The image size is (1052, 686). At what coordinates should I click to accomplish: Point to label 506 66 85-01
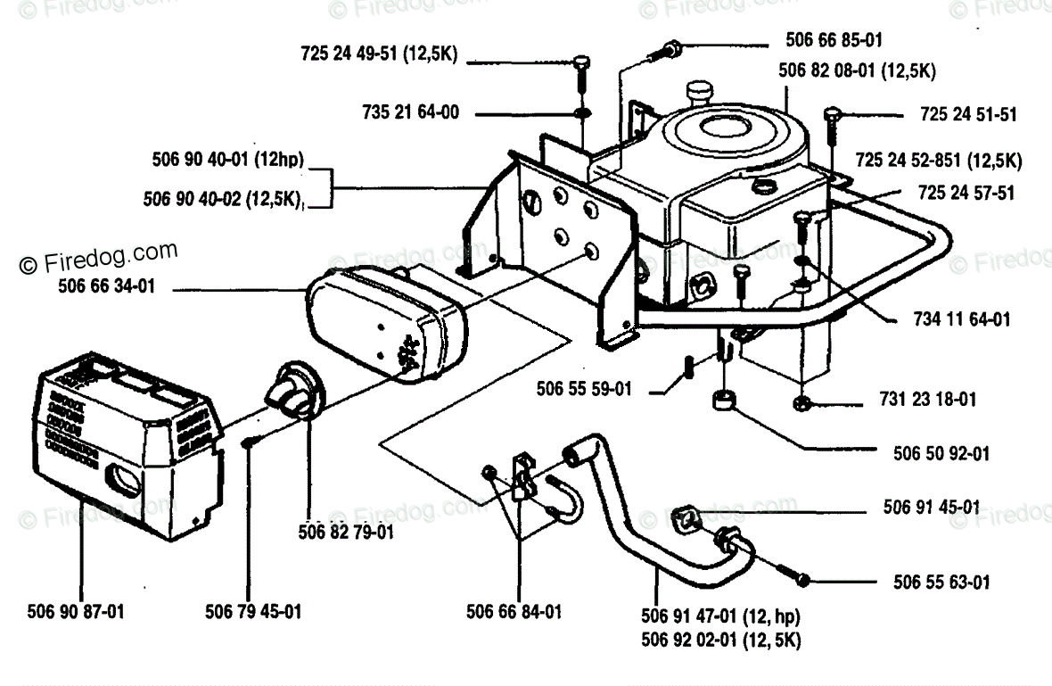[x=834, y=40]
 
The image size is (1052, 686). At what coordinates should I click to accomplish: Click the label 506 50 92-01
[x=941, y=453]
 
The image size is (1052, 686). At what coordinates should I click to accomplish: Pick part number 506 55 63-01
[x=941, y=583]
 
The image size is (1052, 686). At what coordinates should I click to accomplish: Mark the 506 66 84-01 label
[x=514, y=612]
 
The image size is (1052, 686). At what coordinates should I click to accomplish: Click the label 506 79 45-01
[x=253, y=612]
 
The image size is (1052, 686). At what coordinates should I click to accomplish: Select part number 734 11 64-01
[x=963, y=318]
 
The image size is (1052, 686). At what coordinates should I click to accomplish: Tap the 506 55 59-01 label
[x=584, y=388]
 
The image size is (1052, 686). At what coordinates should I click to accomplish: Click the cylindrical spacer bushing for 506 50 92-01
[x=723, y=398]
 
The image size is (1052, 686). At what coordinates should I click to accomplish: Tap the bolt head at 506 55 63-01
[x=804, y=581]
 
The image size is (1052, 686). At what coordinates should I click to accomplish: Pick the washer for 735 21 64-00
[x=581, y=115]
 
